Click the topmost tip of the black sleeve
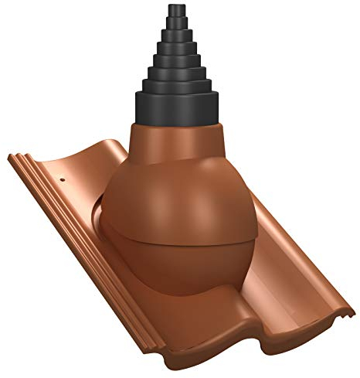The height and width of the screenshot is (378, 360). pos(172,6)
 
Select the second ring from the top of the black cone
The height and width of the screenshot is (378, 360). pos(172,27)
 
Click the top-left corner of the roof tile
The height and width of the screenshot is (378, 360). pos(10,157)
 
